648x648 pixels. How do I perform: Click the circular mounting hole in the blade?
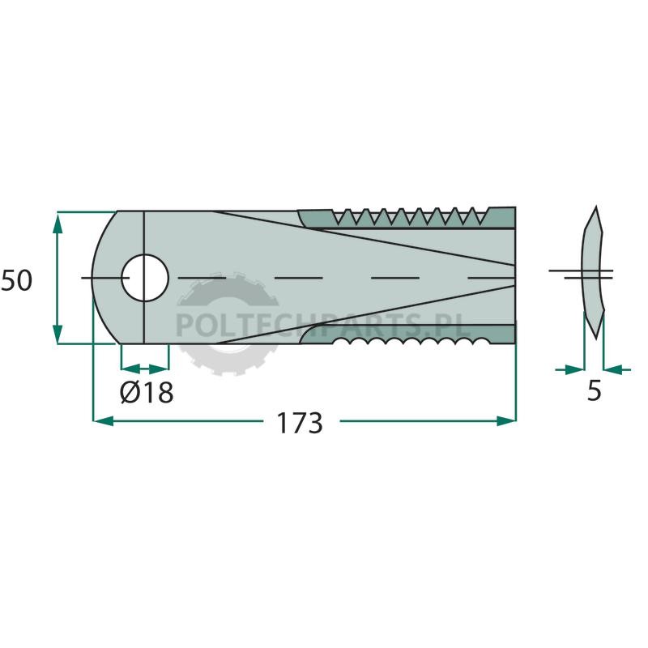tap(145, 278)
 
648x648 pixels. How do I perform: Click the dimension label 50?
tap(16, 280)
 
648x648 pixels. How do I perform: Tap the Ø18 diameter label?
tap(147, 392)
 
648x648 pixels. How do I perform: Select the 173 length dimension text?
tap(299, 423)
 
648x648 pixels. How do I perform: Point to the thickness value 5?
tap(594, 390)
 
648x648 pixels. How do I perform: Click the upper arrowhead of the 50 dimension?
tap(58, 222)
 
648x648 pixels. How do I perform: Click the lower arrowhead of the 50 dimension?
tap(58, 334)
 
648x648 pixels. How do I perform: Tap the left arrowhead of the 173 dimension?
tap(104, 421)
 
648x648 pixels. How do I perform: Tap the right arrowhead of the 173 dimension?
tap(506, 421)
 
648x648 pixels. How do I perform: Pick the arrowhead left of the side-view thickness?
tap(575, 369)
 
